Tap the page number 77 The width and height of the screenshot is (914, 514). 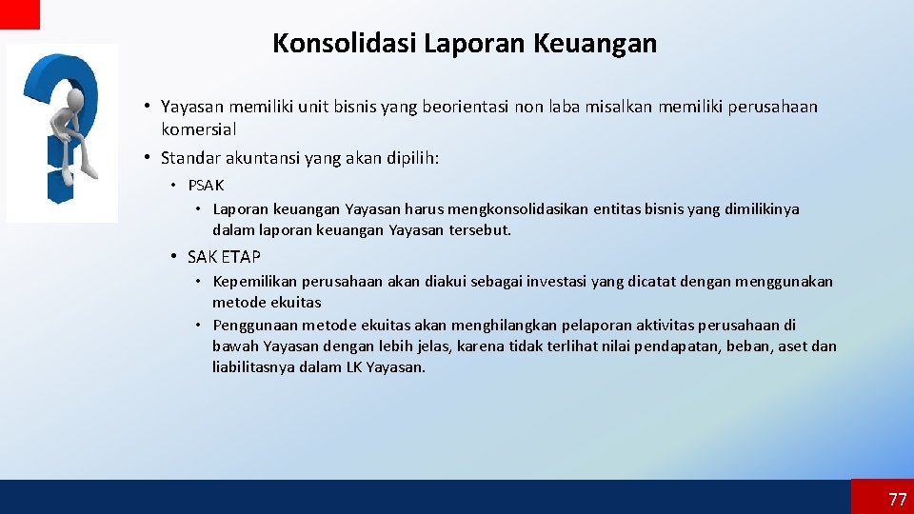coord(897,500)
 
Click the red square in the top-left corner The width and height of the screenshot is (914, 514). coord(19,13)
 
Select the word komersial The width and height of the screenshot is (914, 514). coord(198,128)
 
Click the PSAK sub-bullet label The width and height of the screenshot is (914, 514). coord(206,186)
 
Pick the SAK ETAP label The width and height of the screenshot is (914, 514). coord(224,257)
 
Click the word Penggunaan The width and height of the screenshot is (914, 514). coord(253,325)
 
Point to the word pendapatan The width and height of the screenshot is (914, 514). coord(674,346)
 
